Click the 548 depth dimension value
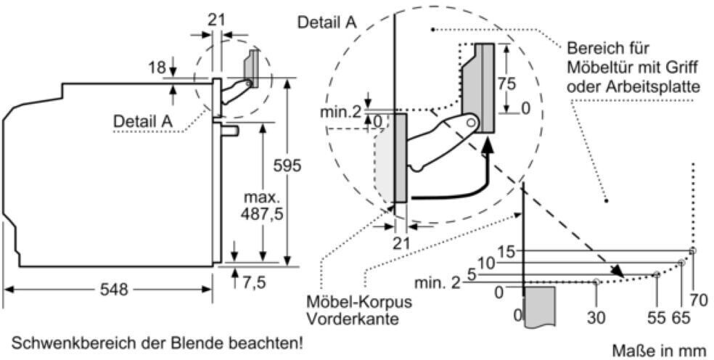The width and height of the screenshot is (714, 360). [114, 290]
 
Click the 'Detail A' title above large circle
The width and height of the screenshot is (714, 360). [327, 22]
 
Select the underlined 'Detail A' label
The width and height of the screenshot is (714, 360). [142, 121]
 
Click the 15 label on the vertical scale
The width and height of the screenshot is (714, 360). [506, 252]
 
